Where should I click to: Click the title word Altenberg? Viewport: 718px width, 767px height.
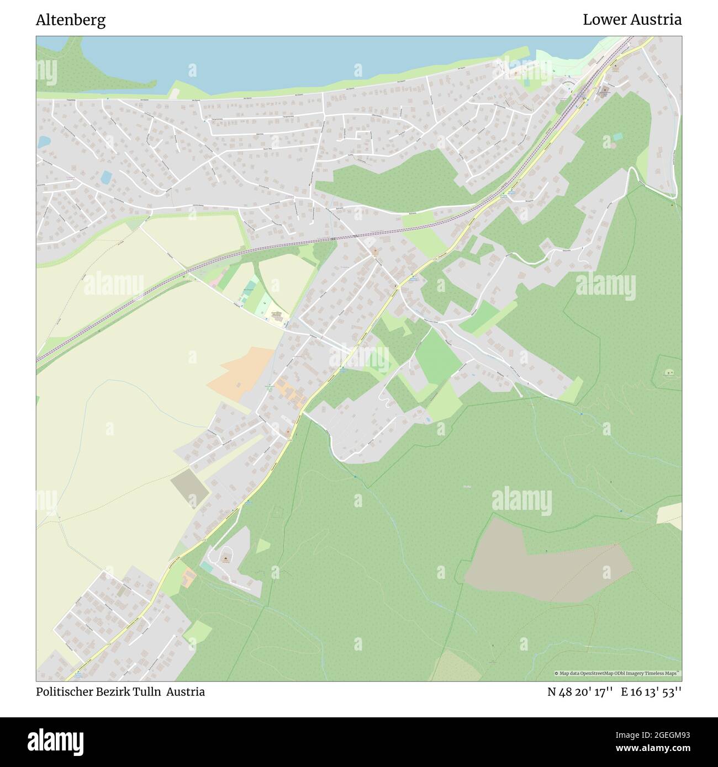click(x=71, y=20)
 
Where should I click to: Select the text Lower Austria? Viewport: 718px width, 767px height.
click(x=632, y=20)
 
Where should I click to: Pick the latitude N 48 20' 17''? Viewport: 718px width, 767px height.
click(x=579, y=692)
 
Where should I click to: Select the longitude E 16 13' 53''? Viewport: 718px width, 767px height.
click(x=651, y=692)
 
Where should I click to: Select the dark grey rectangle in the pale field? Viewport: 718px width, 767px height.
click(x=190, y=486)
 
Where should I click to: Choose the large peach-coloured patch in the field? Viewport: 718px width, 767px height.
click(x=243, y=372)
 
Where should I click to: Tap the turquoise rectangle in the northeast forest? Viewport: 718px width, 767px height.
click(x=617, y=136)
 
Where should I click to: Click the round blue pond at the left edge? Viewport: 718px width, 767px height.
click(x=42, y=142)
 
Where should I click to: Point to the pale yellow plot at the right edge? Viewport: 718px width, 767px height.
click(x=670, y=514)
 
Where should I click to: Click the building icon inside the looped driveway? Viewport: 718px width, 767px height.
click(x=225, y=559)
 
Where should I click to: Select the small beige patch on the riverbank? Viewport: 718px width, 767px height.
click(x=174, y=94)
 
